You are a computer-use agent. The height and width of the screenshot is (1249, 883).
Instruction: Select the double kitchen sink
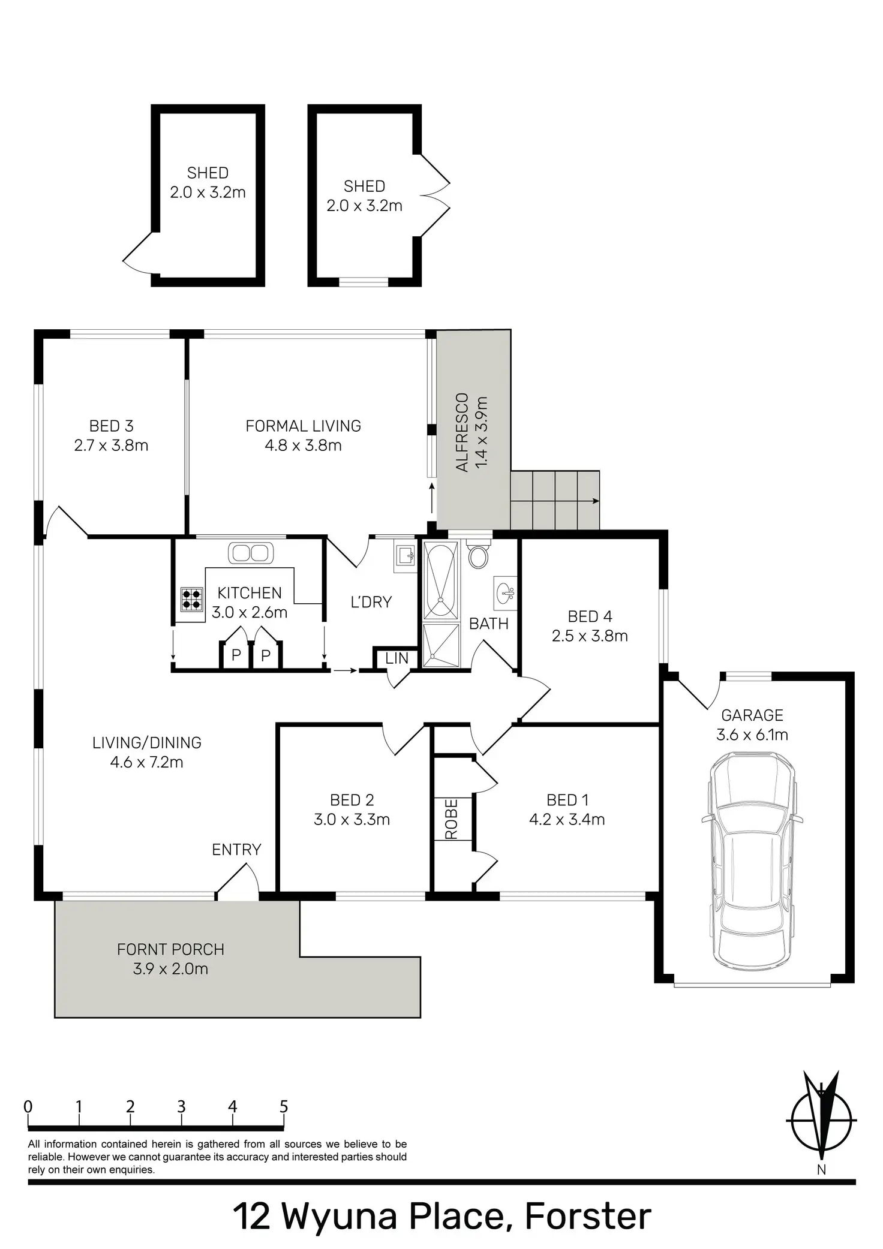(x=251, y=552)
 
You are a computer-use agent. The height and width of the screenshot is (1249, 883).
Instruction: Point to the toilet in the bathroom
(x=479, y=555)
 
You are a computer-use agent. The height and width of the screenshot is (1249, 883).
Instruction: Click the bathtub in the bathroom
(x=441, y=579)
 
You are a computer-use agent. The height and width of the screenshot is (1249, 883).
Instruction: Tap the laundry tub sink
(x=405, y=556)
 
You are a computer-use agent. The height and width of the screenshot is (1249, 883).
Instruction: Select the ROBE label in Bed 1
(x=452, y=819)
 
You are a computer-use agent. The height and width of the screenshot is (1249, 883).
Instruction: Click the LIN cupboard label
(x=397, y=658)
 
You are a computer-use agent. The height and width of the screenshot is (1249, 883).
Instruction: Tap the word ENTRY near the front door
(x=236, y=849)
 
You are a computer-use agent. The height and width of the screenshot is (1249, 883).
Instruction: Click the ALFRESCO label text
(x=462, y=432)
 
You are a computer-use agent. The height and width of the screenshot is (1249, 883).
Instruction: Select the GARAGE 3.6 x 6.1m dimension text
(x=752, y=735)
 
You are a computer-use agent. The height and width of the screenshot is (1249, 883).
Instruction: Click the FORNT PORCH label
(x=170, y=949)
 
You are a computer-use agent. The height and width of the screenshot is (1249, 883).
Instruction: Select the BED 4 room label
(x=590, y=616)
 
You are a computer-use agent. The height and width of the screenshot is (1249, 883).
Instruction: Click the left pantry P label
(x=236, y=655)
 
